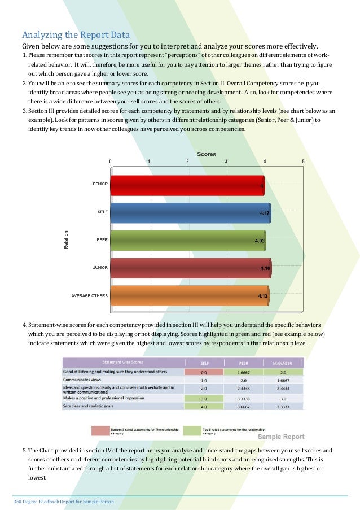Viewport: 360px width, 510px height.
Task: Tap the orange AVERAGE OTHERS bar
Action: (x=190, y=295)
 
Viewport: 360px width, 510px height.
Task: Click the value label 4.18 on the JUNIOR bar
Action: (x=265, y=268)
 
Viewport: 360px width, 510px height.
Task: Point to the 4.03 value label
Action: (x=260, y=241)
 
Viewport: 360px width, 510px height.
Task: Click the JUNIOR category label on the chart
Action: (x=100, y=267)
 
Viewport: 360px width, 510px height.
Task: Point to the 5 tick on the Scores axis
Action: (x=303, y=161)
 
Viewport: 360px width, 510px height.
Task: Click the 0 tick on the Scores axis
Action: (x=111, y=161)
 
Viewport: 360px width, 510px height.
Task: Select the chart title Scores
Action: (x=206, y=154)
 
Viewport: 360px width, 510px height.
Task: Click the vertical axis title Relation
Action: (x=66, y=240)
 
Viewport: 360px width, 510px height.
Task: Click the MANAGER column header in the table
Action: (x=282, y=363)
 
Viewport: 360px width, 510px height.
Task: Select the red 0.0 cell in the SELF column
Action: (x=204, y=372)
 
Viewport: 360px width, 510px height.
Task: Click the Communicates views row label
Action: (x=82, y=380)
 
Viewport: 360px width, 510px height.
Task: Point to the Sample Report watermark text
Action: (x=281, y=437)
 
